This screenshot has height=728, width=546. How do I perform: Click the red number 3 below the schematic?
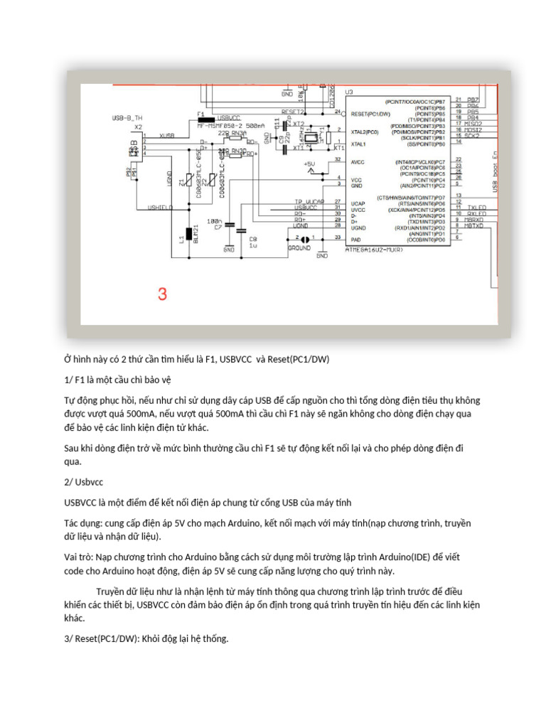[x=162, y=294]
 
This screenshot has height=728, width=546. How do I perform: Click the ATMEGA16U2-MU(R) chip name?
[x=375, y=250]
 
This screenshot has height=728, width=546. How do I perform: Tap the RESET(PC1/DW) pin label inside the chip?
[x=370, y=114]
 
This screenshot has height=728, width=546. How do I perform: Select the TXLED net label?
[x=478, y=208]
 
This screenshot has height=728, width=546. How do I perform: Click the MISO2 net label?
[x=473, y=124]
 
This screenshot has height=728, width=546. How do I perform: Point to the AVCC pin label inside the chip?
[x=358, y=161]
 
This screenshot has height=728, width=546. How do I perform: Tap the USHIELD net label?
[x=160, y=207]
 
